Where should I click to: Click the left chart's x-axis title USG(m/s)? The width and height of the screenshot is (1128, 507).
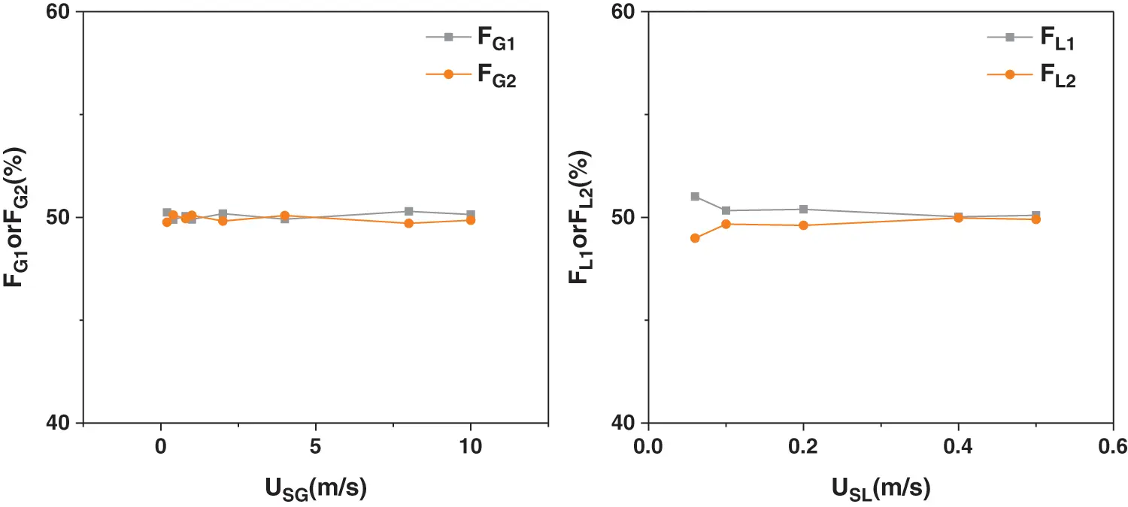click(315, 489)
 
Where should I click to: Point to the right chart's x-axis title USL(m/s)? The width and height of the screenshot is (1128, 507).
click(881, 489)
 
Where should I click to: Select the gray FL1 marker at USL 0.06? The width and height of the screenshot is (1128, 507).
click(695, 197)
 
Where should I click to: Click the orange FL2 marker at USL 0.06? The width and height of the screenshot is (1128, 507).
click(695, 238)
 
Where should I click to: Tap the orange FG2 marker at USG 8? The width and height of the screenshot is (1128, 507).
click(408, 223)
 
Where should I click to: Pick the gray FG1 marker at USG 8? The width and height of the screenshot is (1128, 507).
click(408, 212)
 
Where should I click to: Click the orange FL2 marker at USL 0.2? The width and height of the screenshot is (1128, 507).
click(803, 225)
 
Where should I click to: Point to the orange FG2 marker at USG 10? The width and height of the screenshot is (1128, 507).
click(471, 220)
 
